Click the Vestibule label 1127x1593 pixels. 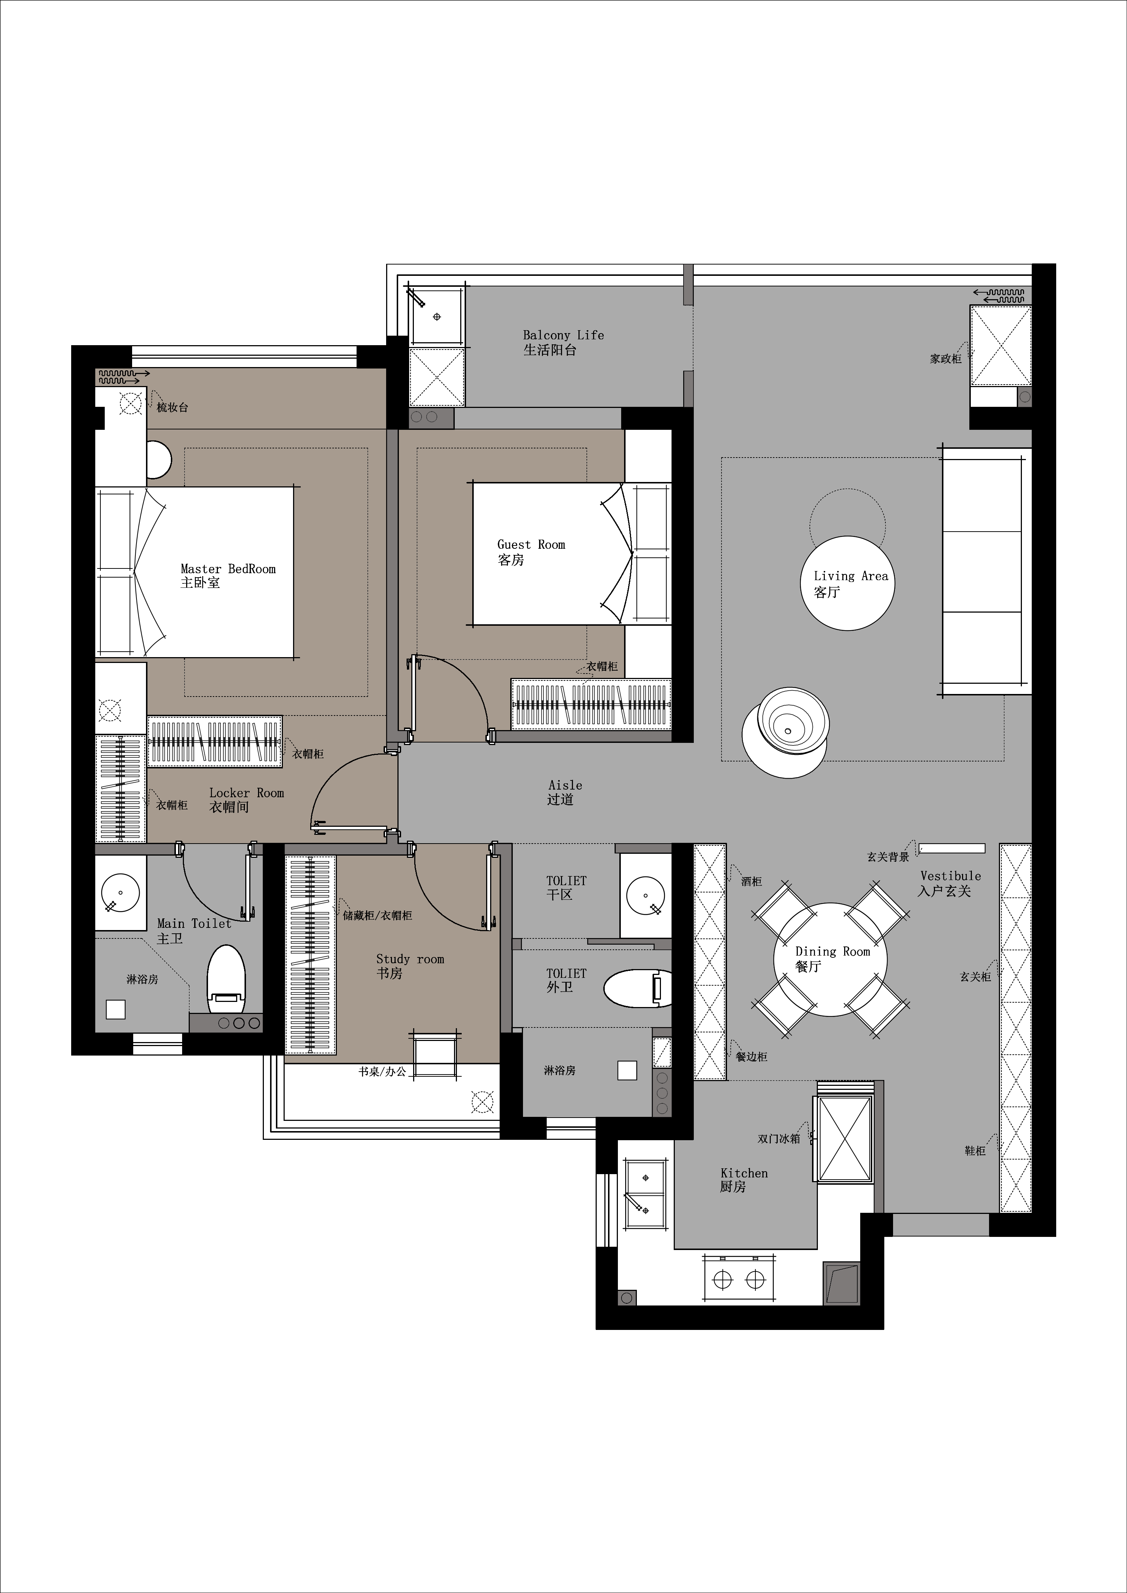point(951,876)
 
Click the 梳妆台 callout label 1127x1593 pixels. point(173,407)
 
